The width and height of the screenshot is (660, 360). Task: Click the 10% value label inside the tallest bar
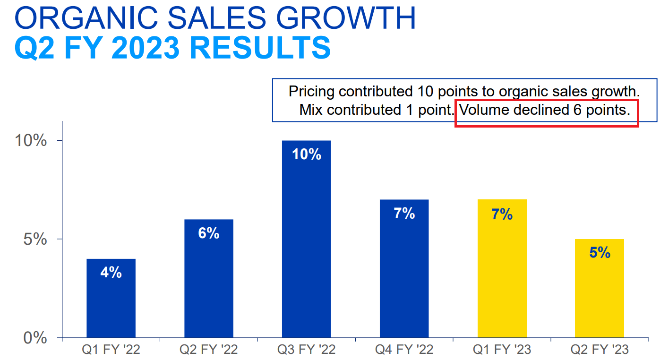[x=306, y=154]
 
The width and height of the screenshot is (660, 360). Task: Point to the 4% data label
[x=111, y=273]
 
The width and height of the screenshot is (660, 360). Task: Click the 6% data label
[x=208, y=233]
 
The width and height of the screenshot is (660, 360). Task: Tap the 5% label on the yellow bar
[x=600, y=253]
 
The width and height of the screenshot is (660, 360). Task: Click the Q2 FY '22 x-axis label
[x=208, y=350]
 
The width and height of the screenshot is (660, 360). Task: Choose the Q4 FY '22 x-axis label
[x=404, y=350]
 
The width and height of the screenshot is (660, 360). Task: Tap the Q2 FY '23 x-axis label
[x=600, y=350]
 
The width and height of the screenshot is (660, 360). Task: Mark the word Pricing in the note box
[x=312, y=91]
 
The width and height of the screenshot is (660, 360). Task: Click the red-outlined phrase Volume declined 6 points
[x=545, y=110]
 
